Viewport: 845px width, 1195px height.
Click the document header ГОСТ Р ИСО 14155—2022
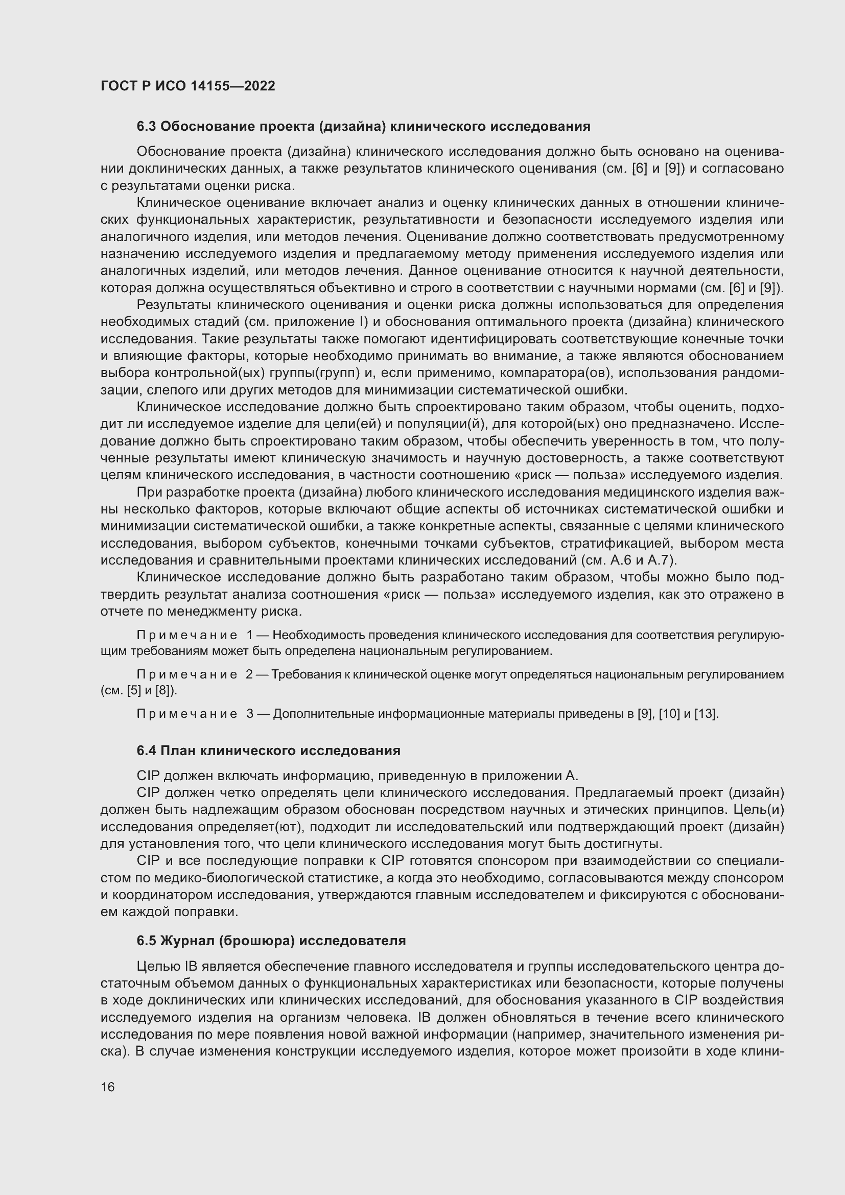[x=188, y=86]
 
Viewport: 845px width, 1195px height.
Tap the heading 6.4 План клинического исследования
[x=269, y=751]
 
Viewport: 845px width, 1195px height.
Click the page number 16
[x=108, y=1087]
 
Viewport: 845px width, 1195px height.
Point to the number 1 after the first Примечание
[x=249, y=635]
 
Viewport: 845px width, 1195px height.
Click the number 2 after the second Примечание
[x=249, y=674]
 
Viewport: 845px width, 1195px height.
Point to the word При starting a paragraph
[x=148, y=493]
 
